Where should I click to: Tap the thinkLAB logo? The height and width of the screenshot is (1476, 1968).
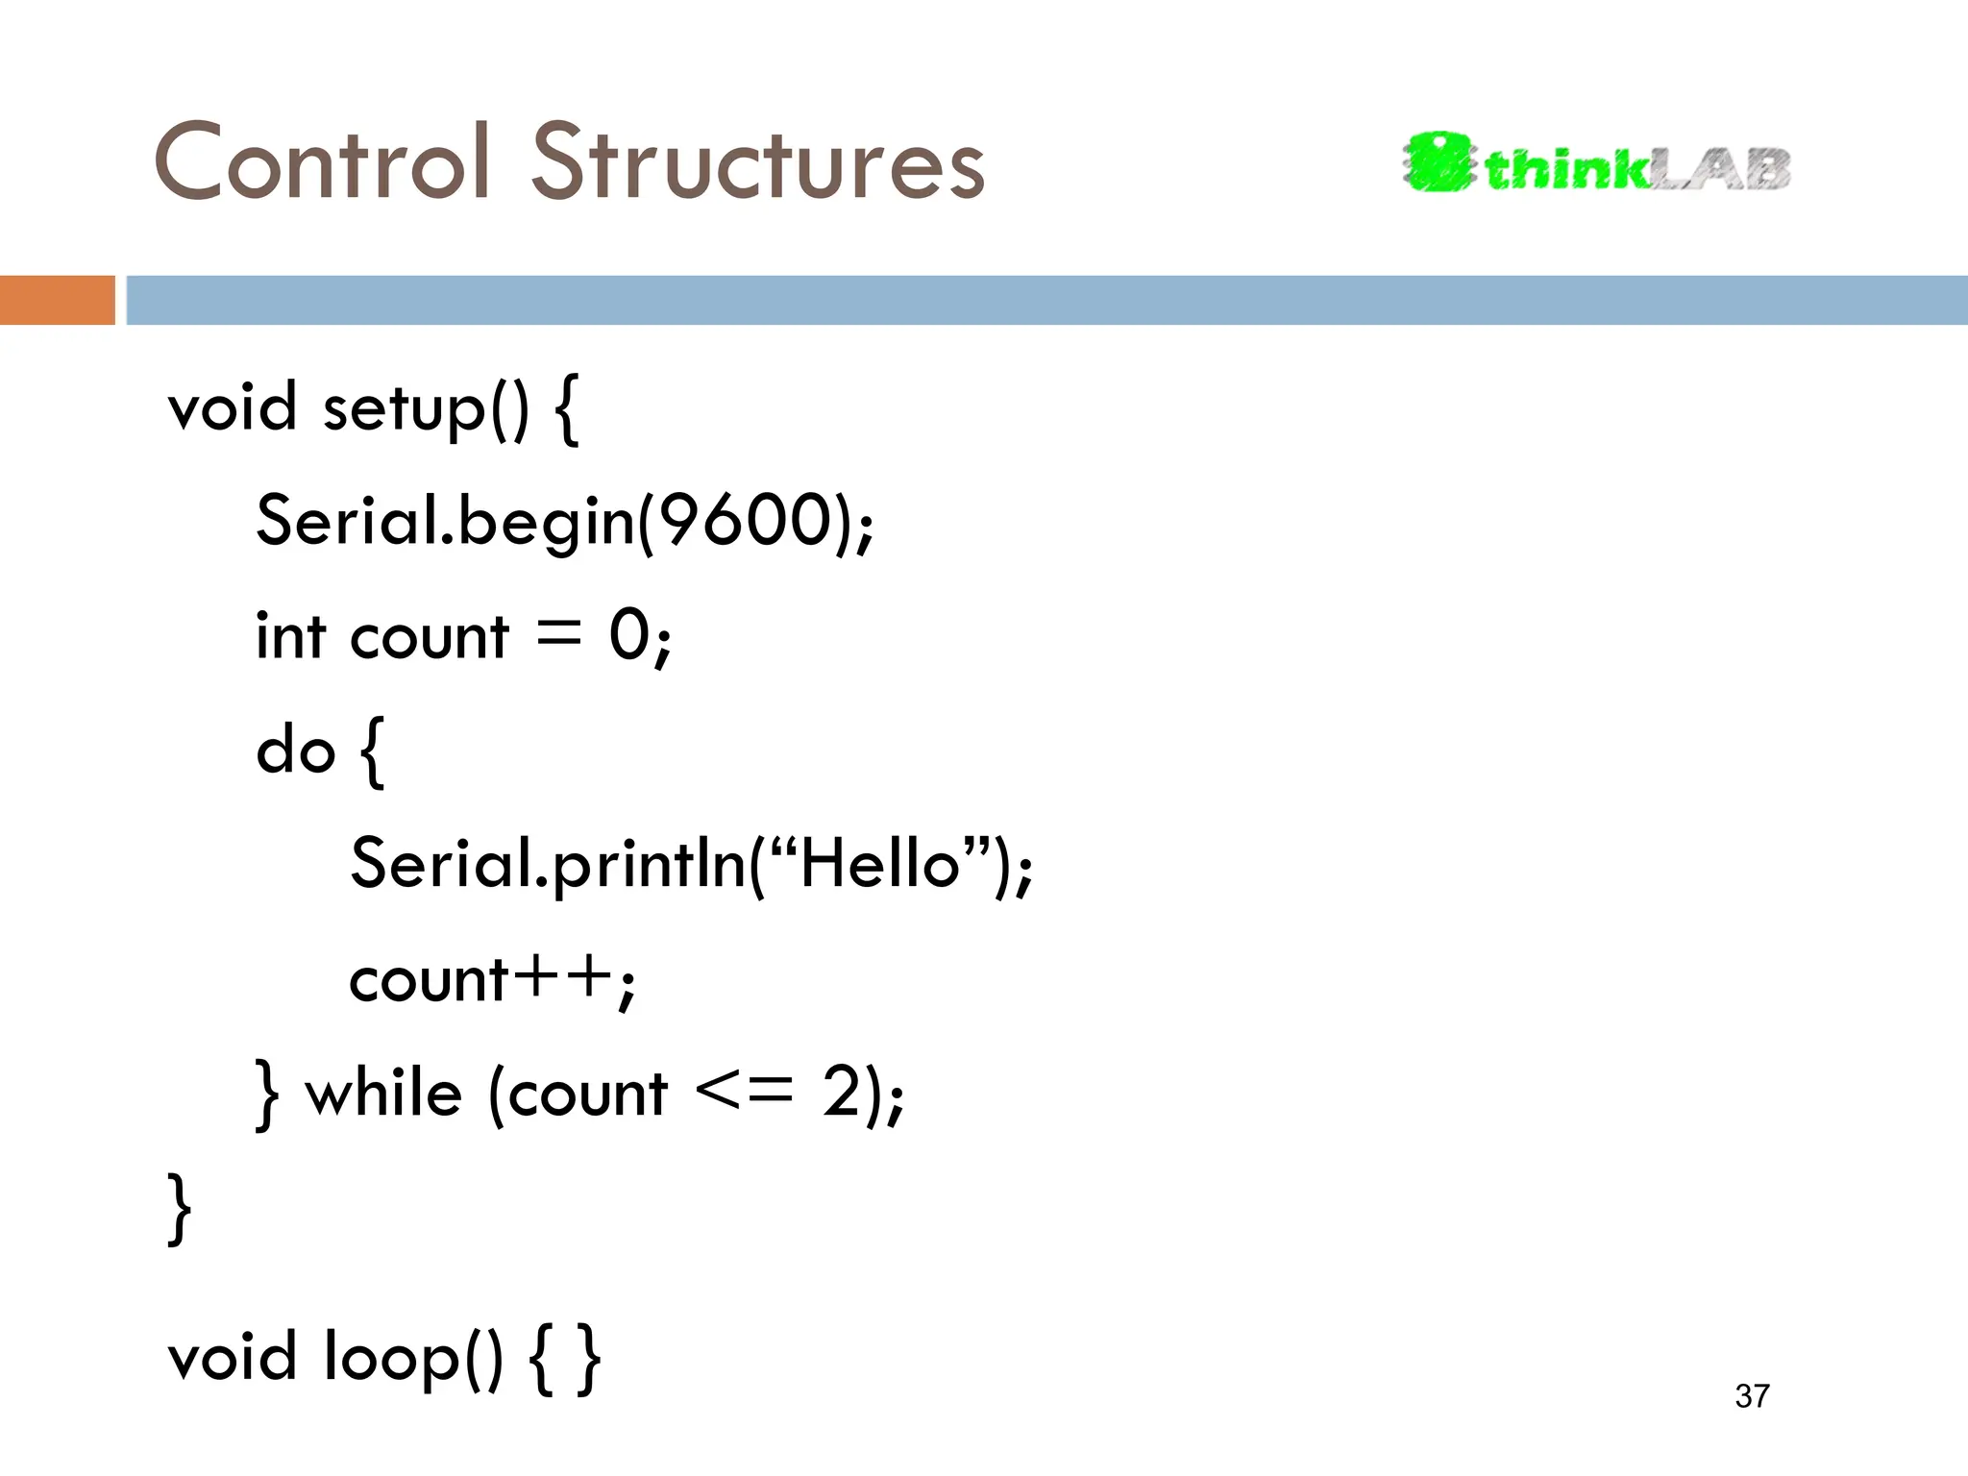[x=1596, y=163]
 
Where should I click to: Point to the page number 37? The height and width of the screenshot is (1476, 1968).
[x=1752, y=1395]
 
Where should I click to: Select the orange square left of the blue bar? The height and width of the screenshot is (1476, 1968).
[x=57, y=300]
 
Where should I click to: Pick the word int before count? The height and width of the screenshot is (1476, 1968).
[x=290, y=636]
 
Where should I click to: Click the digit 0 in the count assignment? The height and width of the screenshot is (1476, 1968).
[x=630, y=635]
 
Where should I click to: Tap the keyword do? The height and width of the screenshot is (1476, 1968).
[x=295, y=750]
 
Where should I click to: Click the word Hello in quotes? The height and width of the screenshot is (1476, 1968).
[x=879, y=863]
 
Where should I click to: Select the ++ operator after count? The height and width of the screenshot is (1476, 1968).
[x=563, y=978]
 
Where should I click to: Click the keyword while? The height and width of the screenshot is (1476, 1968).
[x=383, y=1094]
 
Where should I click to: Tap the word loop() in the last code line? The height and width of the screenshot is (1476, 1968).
[x=413, y=1357]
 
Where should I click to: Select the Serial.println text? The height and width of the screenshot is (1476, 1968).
[x=548, y=863]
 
